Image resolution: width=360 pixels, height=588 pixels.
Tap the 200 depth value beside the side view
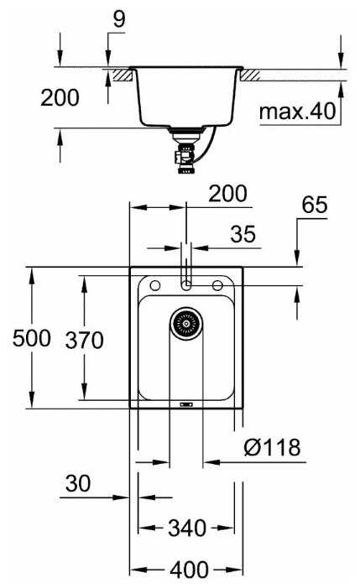[60, 97]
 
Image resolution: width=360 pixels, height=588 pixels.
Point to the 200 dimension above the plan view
[227, 194]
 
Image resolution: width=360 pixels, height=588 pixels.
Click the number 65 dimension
[315, 205]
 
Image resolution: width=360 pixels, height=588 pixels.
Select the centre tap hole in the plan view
[185, 285]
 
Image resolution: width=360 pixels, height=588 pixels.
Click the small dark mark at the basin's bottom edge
[185, 403]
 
